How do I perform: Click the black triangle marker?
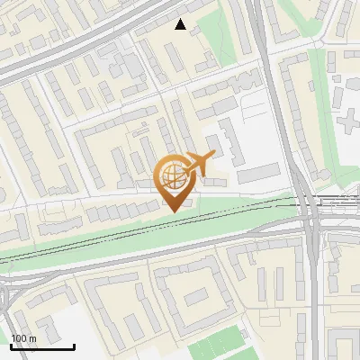click(x=181, y=25)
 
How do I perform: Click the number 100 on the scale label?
click(x=20, y=338)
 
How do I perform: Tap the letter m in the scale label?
click(x=33, y=338)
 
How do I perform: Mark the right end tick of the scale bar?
click(x=74, y=346)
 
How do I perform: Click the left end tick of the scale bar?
click(x=12, y=346)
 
